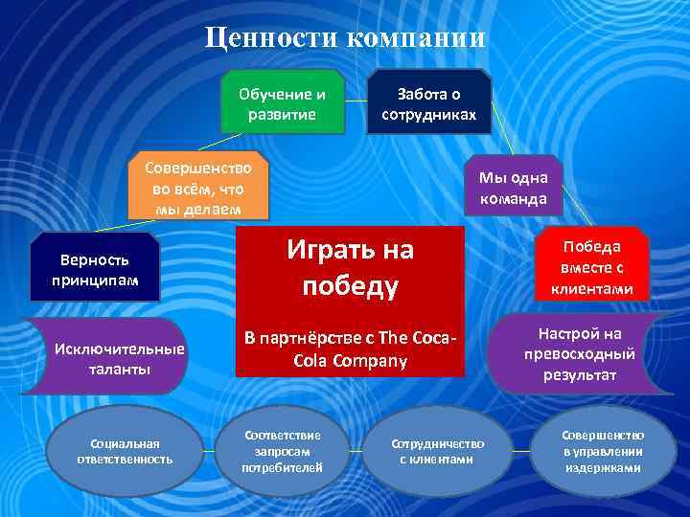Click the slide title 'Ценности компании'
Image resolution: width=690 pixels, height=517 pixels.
click(346, 38)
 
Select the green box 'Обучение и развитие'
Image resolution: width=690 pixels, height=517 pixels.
click(282, 102)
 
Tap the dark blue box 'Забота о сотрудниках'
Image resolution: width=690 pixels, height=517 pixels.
click(429, 102)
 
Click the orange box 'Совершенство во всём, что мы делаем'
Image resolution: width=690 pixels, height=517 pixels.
click(197, 183)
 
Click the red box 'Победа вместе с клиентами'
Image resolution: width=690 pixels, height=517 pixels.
click(600, 267)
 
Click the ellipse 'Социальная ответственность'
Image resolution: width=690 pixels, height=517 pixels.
click(125, 451)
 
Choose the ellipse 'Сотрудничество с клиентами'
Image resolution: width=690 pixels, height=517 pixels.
click(437, 451)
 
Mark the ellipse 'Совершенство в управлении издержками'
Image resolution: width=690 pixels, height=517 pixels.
click(602, 451)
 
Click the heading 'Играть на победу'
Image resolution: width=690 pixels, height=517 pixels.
click(351, 268)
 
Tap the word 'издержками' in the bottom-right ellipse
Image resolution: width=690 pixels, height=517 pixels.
click(602, 468)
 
